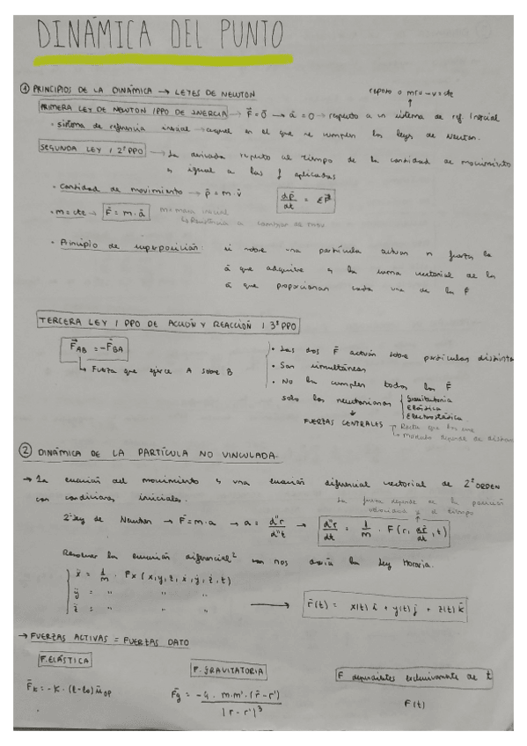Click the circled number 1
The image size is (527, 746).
(x=26, y=90)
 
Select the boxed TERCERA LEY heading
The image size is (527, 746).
(x=167, y=324)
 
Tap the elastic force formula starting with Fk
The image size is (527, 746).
(x=62, y=690)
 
